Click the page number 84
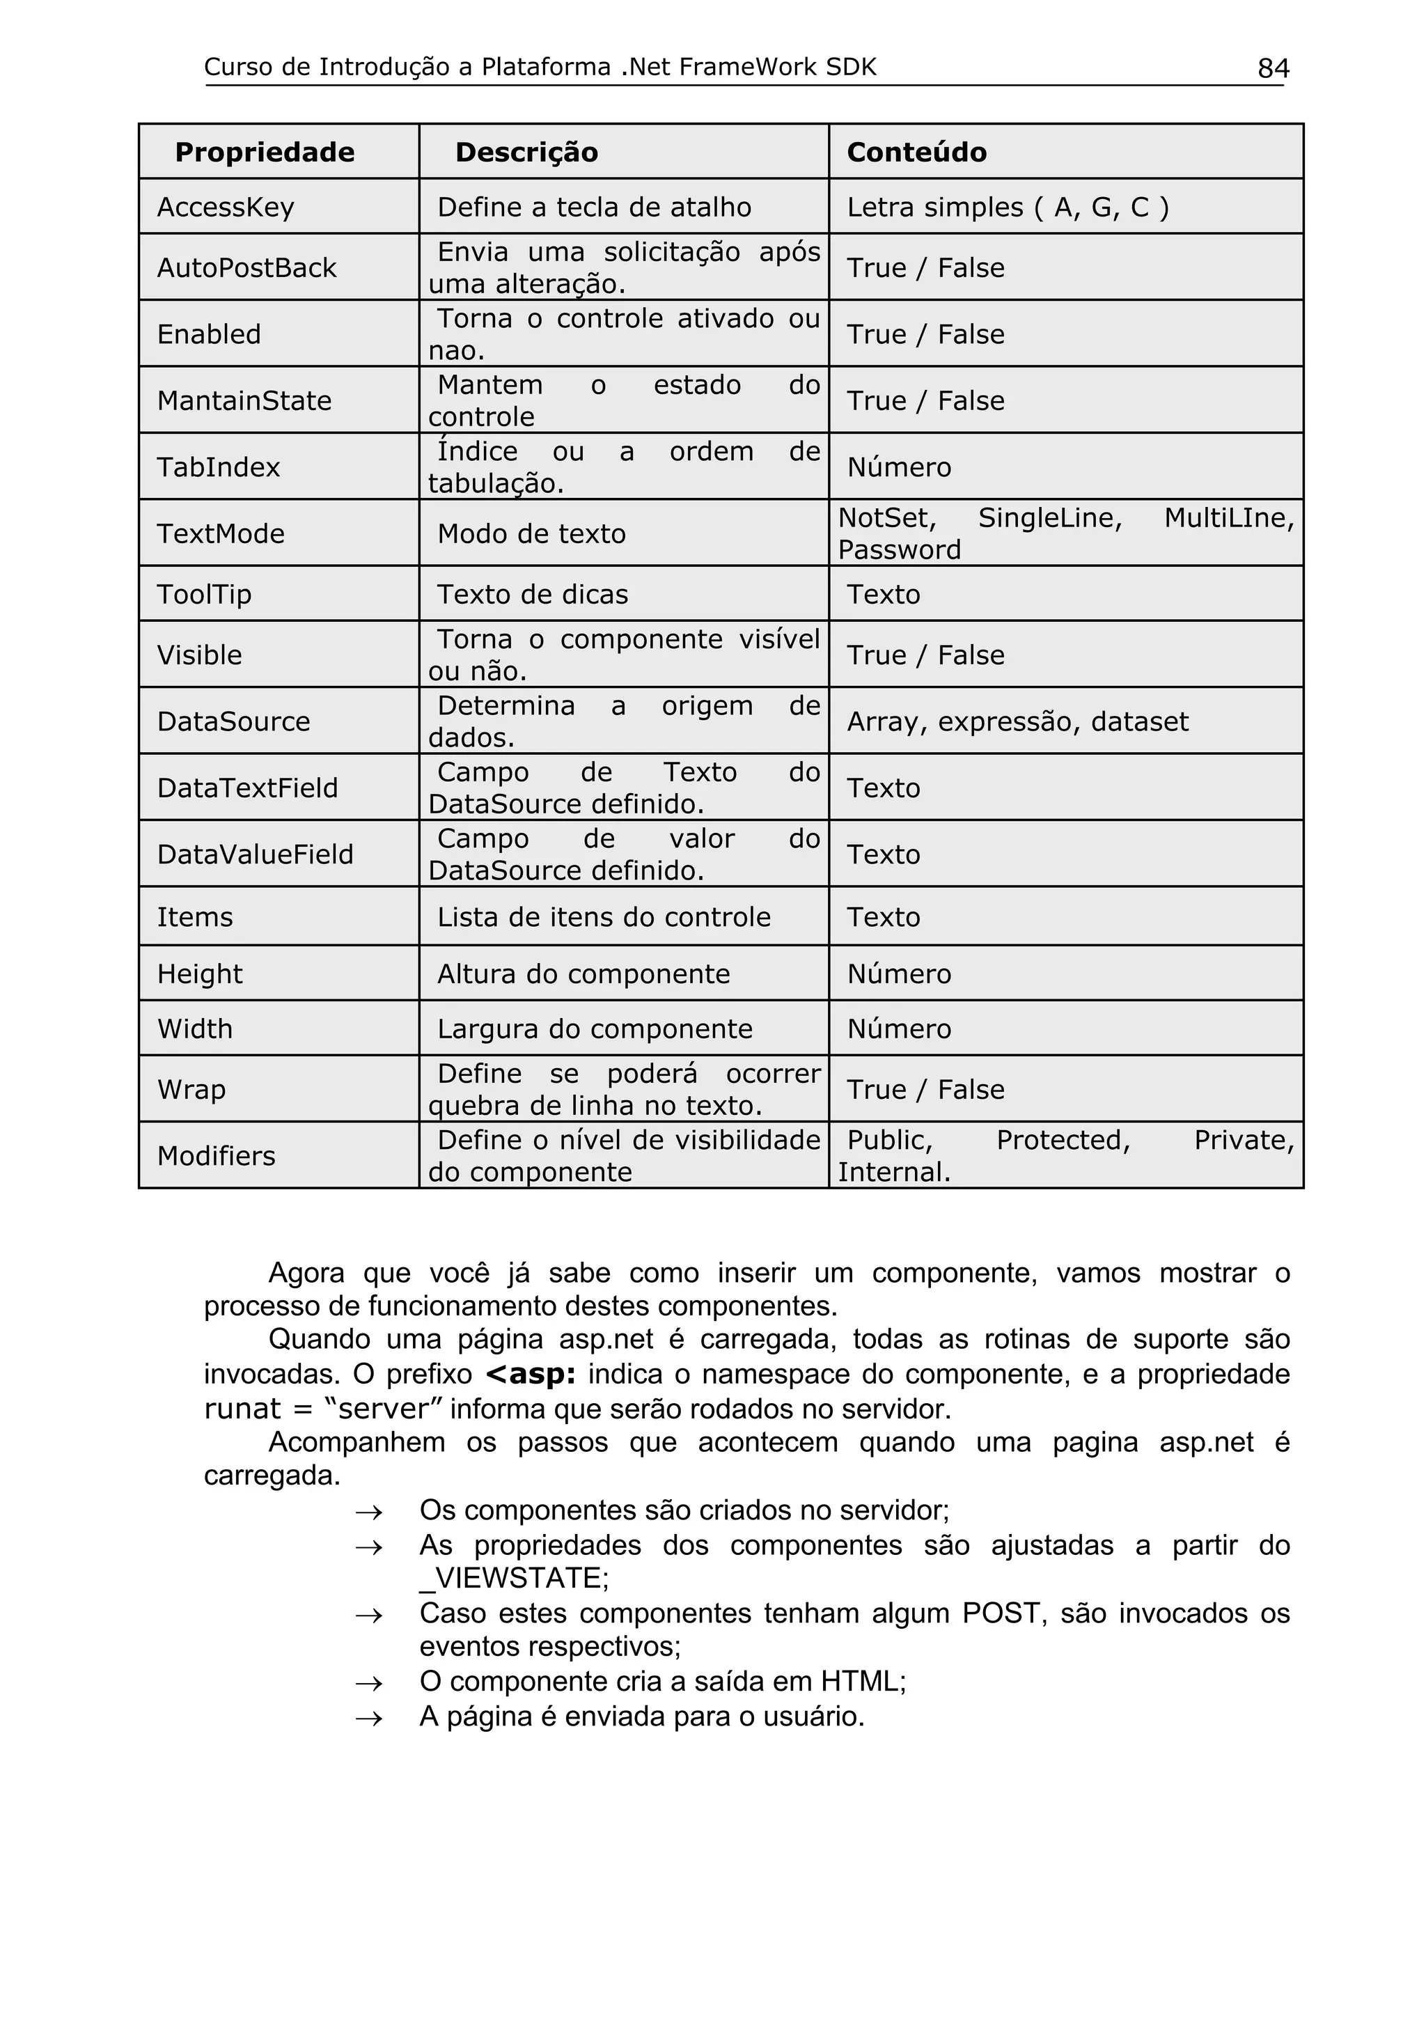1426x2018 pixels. click(x=1273, y=68)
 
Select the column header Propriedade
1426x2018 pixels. click(x=265, y=152)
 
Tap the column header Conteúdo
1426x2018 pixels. click(x=916, y=152)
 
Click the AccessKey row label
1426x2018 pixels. click(x=226, y=208)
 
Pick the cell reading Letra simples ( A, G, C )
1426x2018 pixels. click(x=1008, y=208)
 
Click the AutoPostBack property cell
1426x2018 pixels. click(x=247, y=268)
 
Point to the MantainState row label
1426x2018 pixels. click(x=244, y=401)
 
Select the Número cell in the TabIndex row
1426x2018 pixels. click(x=899, y=467)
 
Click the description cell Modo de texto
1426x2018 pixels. click(x=531, y=533)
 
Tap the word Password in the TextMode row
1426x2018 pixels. click(x=900, y=550)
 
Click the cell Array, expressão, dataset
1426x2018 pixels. click(x=1017, y=721)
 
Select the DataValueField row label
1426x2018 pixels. click(x=255, y=854)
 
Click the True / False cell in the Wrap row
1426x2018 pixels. click(x=925, y=1090)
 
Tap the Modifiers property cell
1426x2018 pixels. click(x=216, y=1156)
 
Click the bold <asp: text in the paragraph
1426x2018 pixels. click(x=531, y=1374)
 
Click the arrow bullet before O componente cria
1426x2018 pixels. click(x=369, y=1682)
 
